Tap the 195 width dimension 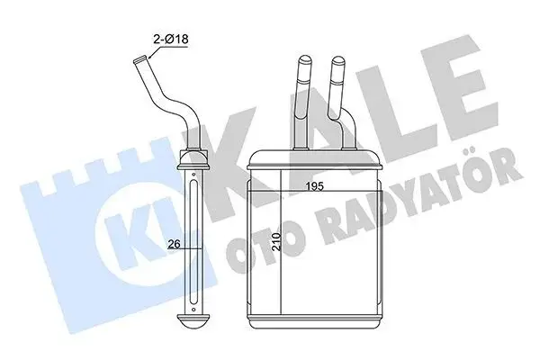pyautogui.click(x=313, y=187)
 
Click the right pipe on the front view pyautogui.click(x=338, y=99)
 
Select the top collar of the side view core pyautogui.click(x=194, y=165)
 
